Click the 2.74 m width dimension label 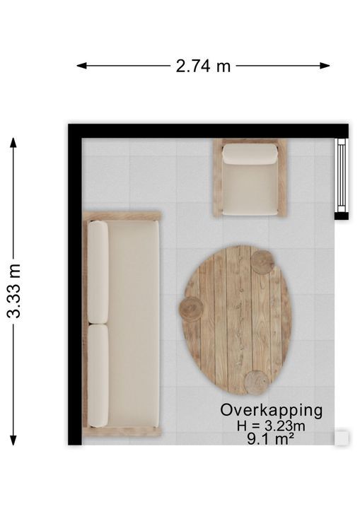203,66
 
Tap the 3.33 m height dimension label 14,291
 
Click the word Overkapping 272,411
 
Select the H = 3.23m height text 271,426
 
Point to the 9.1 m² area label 270,439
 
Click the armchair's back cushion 250,154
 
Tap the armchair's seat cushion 250,188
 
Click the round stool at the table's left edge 192,309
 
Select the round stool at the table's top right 262,262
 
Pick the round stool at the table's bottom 257,382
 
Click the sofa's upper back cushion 98,272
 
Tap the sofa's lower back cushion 98,375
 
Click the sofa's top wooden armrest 122,216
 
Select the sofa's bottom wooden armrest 122,432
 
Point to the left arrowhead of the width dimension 81,66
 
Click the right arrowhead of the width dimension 325,66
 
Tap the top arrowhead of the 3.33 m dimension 13,143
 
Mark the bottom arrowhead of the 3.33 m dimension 13,440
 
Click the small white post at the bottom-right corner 342,438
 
